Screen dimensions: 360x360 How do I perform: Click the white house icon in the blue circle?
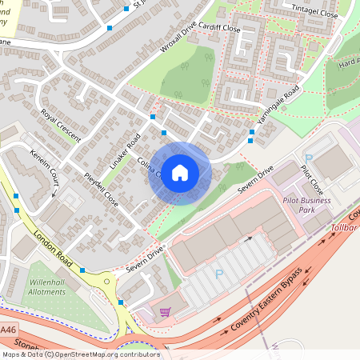pos(180,173)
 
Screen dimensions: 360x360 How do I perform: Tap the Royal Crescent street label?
pos(62,126)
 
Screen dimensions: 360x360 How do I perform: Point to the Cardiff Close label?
pos(221,28)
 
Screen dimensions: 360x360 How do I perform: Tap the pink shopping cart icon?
pos(166,312)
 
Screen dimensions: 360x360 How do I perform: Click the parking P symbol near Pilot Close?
pos(309,159)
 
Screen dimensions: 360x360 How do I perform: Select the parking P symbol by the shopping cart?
pos(218,274)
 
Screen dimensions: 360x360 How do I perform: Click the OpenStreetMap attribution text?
pos(80,354)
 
